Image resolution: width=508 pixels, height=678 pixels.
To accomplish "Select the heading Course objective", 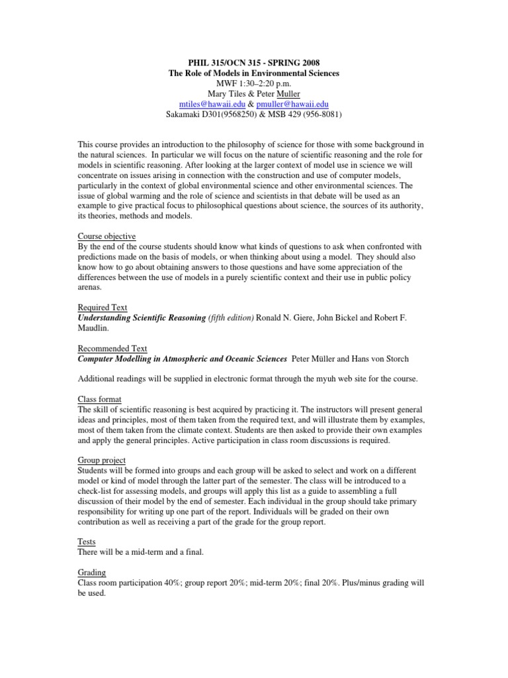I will click(x=106, y=236).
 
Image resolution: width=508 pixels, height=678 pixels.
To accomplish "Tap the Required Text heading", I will click(x=103, y=307).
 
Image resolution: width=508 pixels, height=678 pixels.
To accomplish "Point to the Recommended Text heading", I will click(x=112, y=348).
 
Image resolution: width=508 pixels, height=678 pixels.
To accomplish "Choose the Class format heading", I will click(x=101, y=399).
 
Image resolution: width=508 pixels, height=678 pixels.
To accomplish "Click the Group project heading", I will click(x=102, y=460).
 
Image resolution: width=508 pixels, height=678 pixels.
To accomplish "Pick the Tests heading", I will click(x=88, y=542).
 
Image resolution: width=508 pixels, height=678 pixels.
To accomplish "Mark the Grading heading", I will click(x=92, y=572).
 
